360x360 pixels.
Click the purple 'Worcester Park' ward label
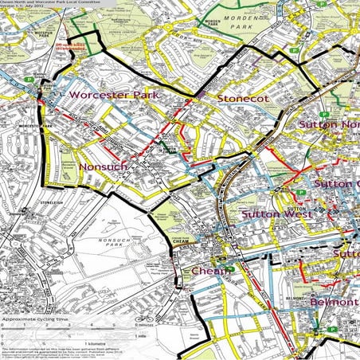115,95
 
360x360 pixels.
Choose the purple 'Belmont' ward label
329,303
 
